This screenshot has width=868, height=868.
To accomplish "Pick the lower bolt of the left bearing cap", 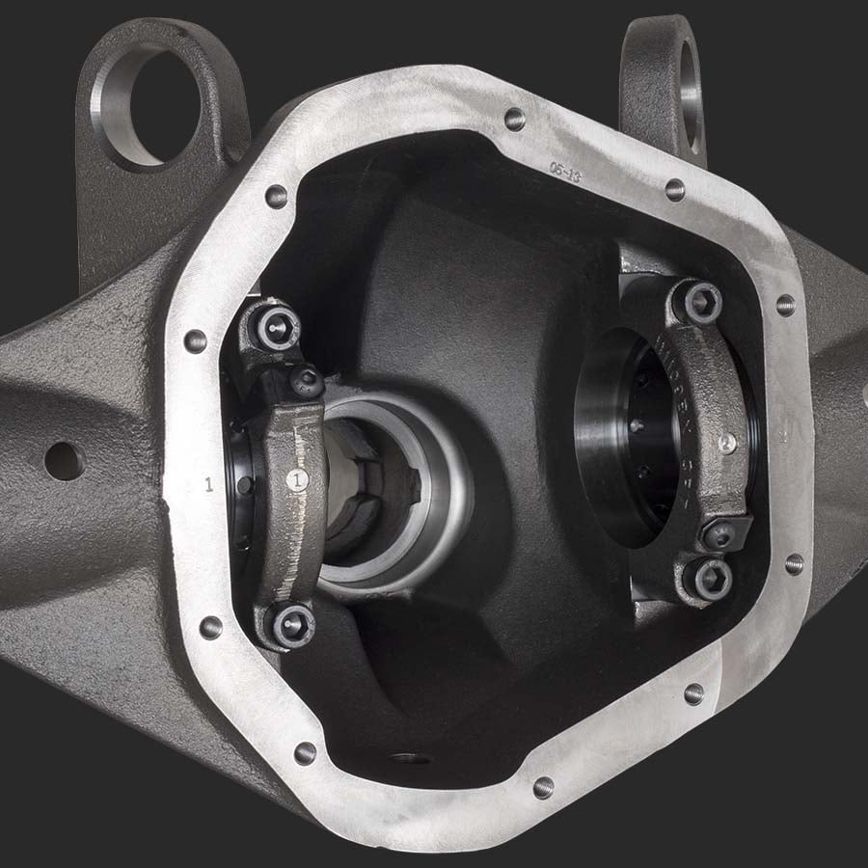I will click(290, 623).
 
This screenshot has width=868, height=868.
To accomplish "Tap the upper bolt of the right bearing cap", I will click(702, 302).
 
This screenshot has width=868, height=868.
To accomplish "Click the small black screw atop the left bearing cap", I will click(308, 381).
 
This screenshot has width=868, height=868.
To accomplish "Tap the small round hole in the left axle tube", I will click(64, 461).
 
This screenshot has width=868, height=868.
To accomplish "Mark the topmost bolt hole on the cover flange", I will click(515, 119).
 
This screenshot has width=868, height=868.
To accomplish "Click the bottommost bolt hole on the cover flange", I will click(543, 788).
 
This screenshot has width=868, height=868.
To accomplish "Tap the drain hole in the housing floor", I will click(410, 759).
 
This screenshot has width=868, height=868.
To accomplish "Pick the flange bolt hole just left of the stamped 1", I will click(195, 340).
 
